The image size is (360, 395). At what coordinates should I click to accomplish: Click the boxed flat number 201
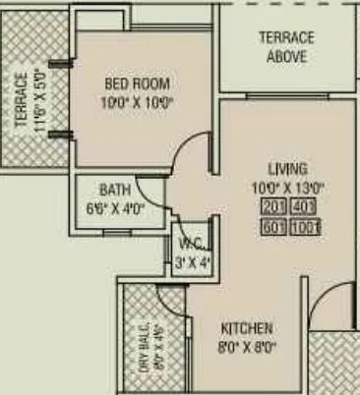click(x=273, y=206)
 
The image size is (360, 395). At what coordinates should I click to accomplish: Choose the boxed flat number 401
click(x=307, y=206)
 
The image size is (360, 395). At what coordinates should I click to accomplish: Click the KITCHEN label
click(x=246, y=328)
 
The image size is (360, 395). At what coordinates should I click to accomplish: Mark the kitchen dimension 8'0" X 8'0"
click(x=246, y=346)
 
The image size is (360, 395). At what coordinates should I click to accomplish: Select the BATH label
click(x=115, y=190)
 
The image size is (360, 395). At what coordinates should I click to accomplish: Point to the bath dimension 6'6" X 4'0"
click(x=115, y=207)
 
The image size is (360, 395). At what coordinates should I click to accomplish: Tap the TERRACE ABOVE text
click(x=286, y=47)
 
